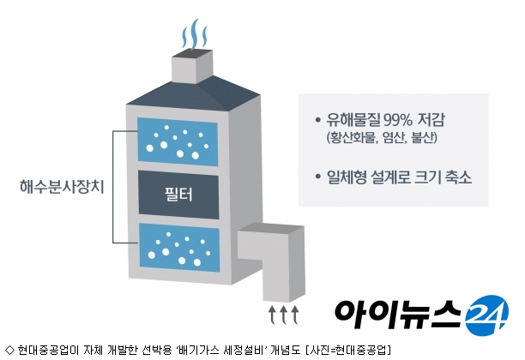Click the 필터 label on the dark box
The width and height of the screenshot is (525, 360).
pos(178,194)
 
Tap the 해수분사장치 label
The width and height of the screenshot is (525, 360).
pos(62,187)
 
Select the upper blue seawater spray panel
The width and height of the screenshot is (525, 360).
pos(178,141)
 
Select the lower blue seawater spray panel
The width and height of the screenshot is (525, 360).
pos(179,248)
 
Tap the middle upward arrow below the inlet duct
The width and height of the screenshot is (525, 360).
pos(284,315)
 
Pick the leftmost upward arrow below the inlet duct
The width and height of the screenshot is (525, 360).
pos(272,315)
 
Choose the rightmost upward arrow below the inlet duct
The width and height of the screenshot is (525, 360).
pos(294,315)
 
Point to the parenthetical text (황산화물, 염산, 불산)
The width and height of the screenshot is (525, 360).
pos(382,137)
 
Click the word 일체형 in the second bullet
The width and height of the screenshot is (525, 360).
pos(347,177)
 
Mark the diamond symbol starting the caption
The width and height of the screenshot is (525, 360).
pos(10,350)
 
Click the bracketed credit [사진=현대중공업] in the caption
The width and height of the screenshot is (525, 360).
pos(348,350)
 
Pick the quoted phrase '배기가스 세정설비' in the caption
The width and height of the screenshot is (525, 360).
pos(220,350)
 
